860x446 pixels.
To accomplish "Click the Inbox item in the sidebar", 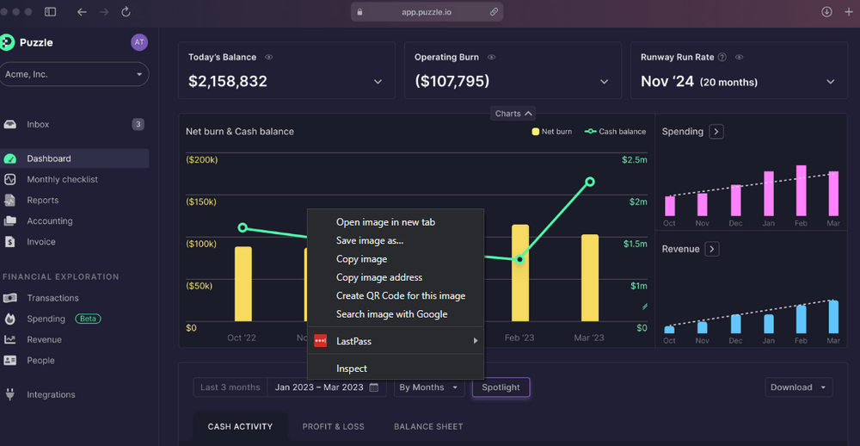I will [x=38, y=125].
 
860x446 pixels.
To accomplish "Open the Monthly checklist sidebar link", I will [x=62, y=179].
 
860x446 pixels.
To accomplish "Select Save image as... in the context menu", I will [x=369, y=240].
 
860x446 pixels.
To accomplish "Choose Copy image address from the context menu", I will [x=378, y=277].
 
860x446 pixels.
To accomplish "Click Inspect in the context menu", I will [x=351, y=369].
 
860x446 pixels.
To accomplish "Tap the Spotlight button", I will [x=501, y=387].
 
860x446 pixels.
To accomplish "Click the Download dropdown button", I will [x=798, y=387].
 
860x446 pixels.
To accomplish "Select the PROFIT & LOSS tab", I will [x=333, y=426].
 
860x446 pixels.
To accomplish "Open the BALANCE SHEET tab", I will [x=428, y=426].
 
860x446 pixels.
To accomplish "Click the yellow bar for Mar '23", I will [x=590, y=277].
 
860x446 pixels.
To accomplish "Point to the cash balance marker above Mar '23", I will [x=590, y=182].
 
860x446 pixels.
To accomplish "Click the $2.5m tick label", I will [x=635, y=160].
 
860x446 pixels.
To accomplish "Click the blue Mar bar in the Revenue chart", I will [x=832, y=316].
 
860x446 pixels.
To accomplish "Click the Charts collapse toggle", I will [x=513, y=114].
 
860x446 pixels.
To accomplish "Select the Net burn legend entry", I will [x=552, y=132].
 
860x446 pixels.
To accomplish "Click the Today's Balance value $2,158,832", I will [x=228, y=82].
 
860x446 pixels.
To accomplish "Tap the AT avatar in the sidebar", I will [x=139, y=42].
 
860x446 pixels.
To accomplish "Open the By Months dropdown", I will [x=428, y=387].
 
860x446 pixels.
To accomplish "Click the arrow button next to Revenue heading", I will [x=711, y=249].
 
